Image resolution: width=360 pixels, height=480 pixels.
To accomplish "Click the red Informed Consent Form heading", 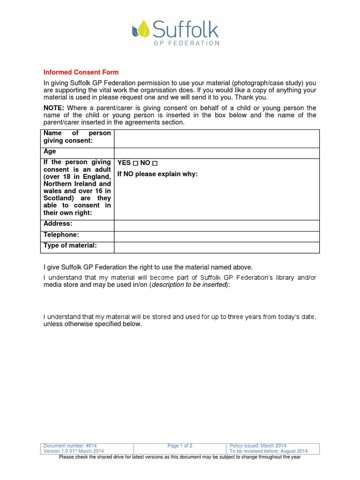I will [81, 72].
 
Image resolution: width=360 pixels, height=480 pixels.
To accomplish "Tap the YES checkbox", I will [135, 163].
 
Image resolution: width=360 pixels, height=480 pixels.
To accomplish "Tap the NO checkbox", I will [155, 163].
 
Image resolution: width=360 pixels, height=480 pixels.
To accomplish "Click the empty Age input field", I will [217, 153].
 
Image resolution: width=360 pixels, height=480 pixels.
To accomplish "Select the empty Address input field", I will [217, 225].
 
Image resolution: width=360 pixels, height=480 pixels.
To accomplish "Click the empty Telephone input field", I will [217, 236].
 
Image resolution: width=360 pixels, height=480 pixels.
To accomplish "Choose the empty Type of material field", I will [217, 247].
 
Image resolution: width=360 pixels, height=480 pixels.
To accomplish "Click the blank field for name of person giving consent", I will [217, 138].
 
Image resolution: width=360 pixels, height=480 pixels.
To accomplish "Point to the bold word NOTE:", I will [54, 108].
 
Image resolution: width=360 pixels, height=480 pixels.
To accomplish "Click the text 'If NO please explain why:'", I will [157, 174].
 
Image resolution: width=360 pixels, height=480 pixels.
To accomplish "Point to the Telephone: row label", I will [61, 235].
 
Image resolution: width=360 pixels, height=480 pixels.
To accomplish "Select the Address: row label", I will [58, 224].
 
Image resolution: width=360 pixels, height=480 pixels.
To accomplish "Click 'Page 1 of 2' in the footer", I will [180, 446].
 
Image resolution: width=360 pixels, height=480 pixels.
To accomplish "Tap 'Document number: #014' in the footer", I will [70, 446].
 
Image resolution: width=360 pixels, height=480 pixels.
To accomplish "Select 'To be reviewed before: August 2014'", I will [269, 451].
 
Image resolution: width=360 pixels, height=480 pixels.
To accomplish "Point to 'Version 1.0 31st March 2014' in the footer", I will [74, 451].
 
